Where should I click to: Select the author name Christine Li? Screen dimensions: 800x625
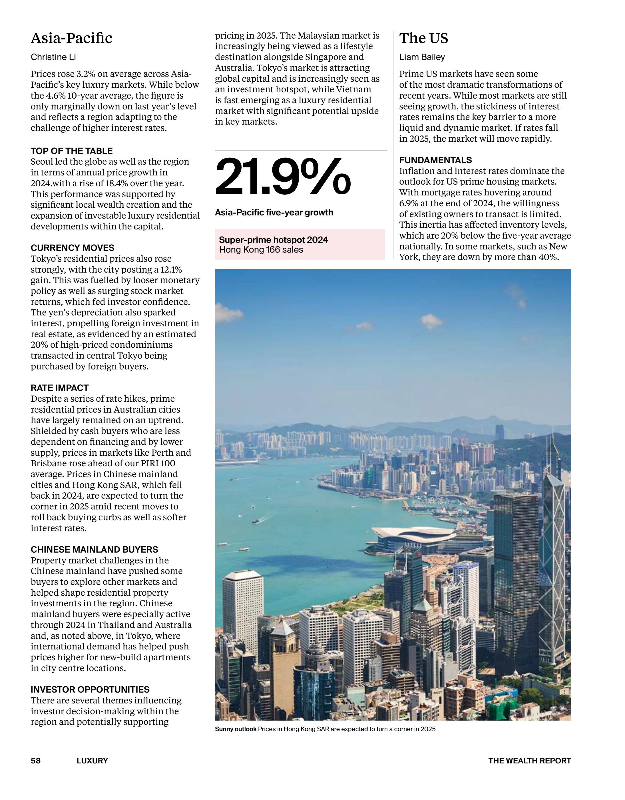click(53, 57)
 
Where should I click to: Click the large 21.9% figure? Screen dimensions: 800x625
click(283, 177)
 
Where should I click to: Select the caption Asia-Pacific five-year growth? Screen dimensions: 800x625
click(274, 213)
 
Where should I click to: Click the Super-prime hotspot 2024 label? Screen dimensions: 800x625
click(274, 240)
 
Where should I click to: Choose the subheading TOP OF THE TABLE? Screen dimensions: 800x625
click(72, 151)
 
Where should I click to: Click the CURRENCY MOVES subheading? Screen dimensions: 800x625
click(73, 248)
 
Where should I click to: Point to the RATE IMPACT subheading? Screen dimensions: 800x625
click(60, 388)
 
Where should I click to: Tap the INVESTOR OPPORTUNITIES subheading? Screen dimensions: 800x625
click(90, 690)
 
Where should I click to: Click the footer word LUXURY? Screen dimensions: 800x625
click(92, 761)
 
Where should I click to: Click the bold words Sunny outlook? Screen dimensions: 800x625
click(236, 729)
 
